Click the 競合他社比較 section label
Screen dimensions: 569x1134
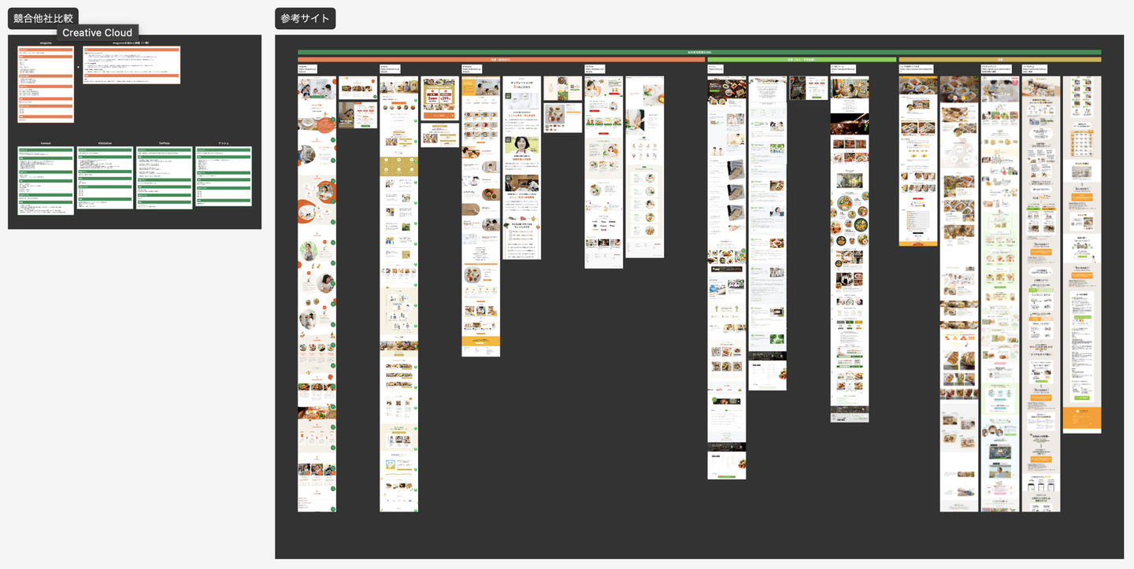pyautogui.click(x=43, y=18)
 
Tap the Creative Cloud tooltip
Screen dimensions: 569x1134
pyautogui.click(x=98, y=32)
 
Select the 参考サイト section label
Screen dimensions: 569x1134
pyautogui.click(x=306, y=18)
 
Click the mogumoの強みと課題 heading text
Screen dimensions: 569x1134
pyautogui.click(x=132, y=43)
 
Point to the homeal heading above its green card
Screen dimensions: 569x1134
pyautogui.click(x=46, y=143)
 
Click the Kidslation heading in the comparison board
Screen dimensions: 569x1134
pyautogui.click(x=105, y=143)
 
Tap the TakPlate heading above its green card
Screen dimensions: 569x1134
pyautogui.click(x=164, y=143)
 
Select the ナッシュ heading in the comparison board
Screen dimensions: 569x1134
pyautogui.click(x=223, y=143)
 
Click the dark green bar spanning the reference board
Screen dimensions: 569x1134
pyautogui.click(x=699, y=53)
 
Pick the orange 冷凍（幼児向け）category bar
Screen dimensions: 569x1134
pyautogui.click(x=502, y=59)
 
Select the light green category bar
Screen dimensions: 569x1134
pyautogui.click(x=802, y=59)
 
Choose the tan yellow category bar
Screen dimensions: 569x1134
pyautogui.click(x=999, y=59)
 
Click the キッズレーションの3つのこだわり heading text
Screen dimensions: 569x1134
pyautogui.click(x=521, y=83)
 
